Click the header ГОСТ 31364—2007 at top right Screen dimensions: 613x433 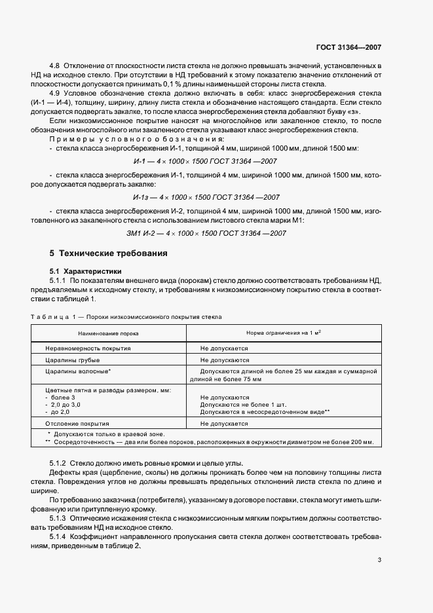(x=348, y=48)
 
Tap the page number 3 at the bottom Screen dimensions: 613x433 (x=379, y=560)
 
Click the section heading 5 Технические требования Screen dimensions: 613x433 (x=109, y=253)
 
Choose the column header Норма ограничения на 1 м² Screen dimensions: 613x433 (x=283, y=333)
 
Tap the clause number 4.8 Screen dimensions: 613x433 (x=55, y=67)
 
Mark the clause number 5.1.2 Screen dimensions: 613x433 (x=60, y=464)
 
